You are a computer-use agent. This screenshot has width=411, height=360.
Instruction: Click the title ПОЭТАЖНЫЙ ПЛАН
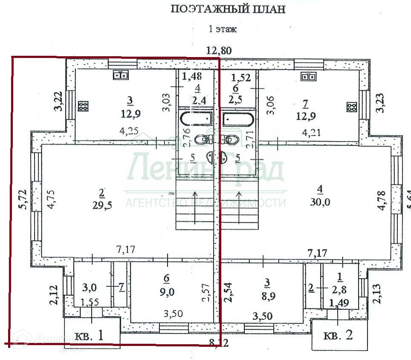click(228, 9)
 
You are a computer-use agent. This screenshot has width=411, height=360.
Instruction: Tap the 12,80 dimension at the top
click(219, 50)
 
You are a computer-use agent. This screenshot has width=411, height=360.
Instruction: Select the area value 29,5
click(101, 205)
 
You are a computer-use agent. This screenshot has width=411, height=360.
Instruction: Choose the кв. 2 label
click(339, 335)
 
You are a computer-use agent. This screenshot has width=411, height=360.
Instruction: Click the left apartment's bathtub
click(194, 118)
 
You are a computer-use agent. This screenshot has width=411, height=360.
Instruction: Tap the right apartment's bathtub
click(237, 119)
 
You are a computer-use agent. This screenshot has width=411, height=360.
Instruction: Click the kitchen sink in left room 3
click(122, 75)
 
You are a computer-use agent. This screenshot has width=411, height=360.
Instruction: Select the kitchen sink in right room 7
click(308, 77)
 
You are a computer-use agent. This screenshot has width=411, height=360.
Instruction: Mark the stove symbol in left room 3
click(83, 106)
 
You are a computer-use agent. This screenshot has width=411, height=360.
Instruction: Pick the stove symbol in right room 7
click(351, 107)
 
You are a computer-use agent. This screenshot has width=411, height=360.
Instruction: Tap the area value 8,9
click(267, 296)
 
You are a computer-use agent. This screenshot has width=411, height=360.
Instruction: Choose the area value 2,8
click(340, 291)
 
